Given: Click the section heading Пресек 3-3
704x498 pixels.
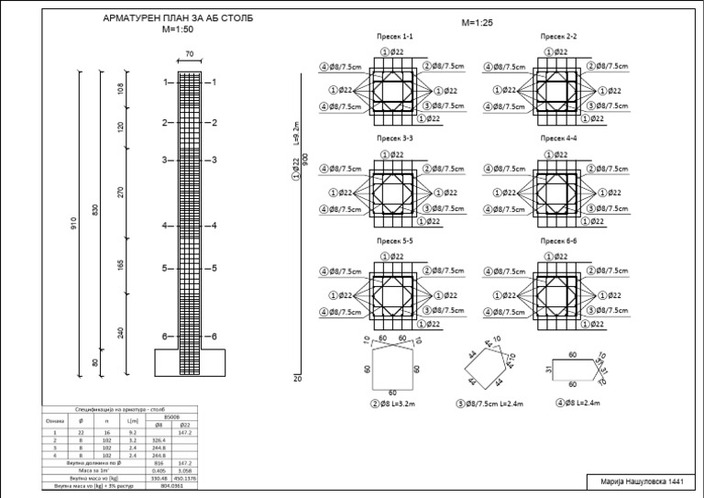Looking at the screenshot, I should pyautogui.click(x=395, y=138).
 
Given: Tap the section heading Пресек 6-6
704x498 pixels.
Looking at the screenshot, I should pyautogui.click(x=558, y=240).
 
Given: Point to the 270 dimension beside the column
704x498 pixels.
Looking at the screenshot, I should pyautogui.click(x=121, y=194).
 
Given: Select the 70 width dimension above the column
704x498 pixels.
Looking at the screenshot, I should pyautogui.click(x=189, y=55).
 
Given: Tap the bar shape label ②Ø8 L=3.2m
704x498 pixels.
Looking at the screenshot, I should pyautogui.click(x=394, y=403).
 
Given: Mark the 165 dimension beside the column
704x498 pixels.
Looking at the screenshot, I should pyautogui.click(x=121, y=265).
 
